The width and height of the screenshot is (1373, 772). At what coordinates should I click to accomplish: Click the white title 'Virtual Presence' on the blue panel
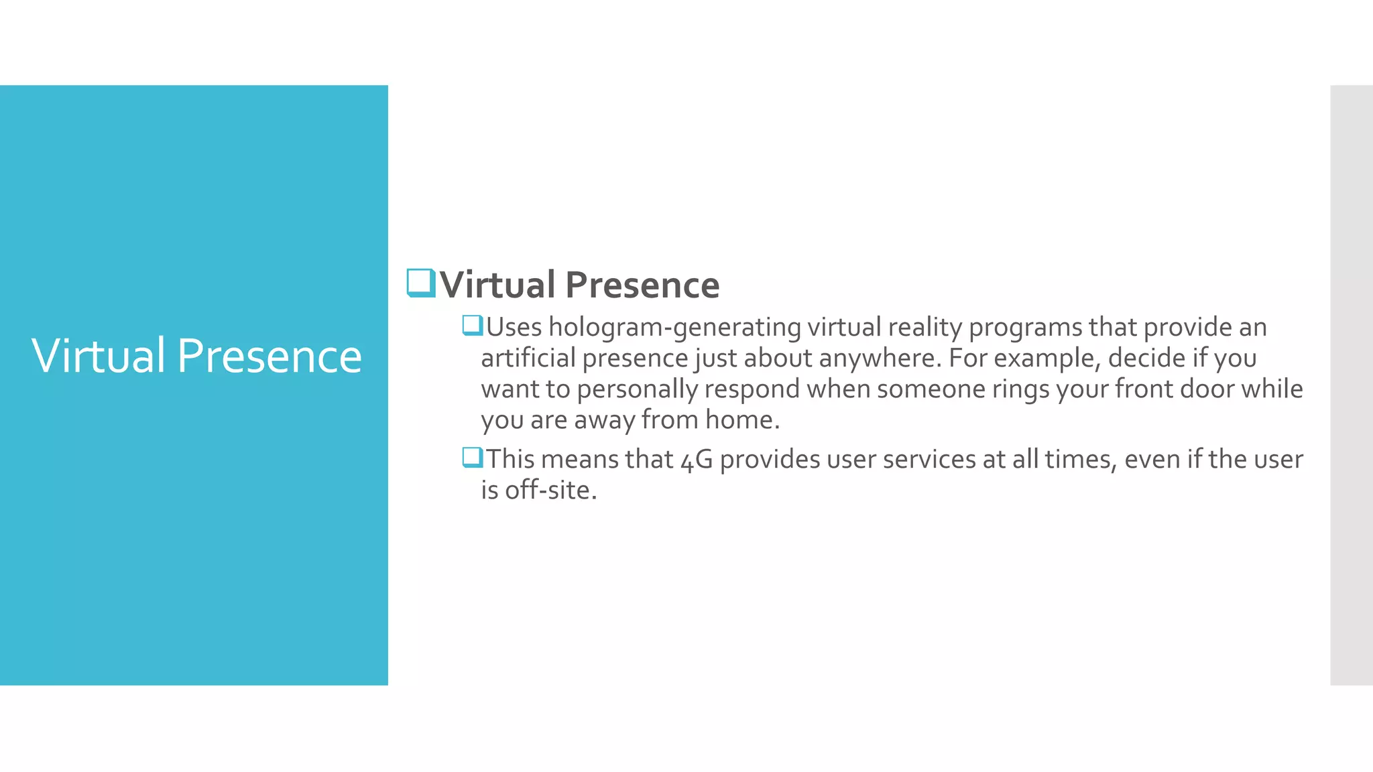click(x=196, y=356)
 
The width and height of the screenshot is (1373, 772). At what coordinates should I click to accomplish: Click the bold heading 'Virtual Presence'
click(x=579, y=285)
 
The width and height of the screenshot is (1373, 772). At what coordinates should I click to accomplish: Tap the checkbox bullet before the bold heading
click(x=421, y=283)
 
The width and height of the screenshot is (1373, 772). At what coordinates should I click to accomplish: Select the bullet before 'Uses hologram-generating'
click(x=473, y=326)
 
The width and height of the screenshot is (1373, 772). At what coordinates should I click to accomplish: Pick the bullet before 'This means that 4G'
click(x=473, y=458)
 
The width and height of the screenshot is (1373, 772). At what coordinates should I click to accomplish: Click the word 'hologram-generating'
click(x=674, y=328)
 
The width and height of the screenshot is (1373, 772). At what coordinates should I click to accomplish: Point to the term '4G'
click(x=696, y=460)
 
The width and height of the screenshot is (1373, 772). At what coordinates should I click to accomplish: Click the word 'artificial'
click(x=528, y=359)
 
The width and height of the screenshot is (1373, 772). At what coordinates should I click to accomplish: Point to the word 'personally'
click(x=637, y=389)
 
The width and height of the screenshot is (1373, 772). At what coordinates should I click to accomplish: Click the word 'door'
click(x=1207, y=389)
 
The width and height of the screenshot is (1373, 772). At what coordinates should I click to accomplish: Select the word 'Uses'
click(x=514, y=328)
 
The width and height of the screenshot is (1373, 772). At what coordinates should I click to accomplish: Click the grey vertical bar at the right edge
click(x=1351, y=385)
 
